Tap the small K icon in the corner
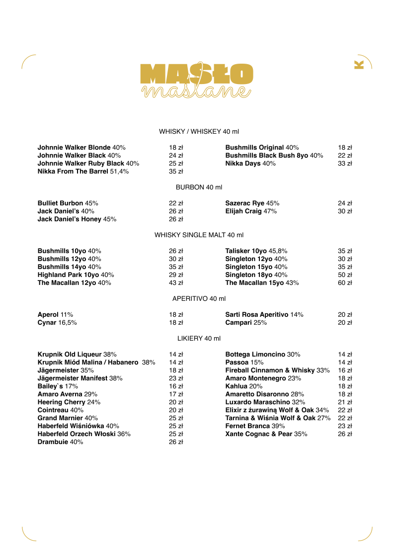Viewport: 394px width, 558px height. coord(359,65)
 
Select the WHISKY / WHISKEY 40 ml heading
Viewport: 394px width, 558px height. coord(199,131)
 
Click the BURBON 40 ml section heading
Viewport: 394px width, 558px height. coord(199,187)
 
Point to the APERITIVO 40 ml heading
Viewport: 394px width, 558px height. coord(199,298)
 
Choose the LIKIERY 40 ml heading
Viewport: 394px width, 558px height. coord(199,338)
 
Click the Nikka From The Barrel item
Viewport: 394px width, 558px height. coord(83,171)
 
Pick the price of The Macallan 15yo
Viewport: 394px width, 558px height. coord(345,282)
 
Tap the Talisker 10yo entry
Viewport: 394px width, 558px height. coord(256,251)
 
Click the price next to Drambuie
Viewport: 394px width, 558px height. coord(176,442)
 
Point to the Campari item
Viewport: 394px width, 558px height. coord(246,322)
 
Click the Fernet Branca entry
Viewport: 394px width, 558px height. coord(255,426)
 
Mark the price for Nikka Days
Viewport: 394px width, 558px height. coord(345,163)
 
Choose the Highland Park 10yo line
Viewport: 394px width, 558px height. coord(76,275)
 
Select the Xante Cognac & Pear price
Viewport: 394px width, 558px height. coord(345,434)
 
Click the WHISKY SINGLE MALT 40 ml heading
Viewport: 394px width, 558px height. coord(199,235)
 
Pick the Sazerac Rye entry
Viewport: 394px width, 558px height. coord(252,203)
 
